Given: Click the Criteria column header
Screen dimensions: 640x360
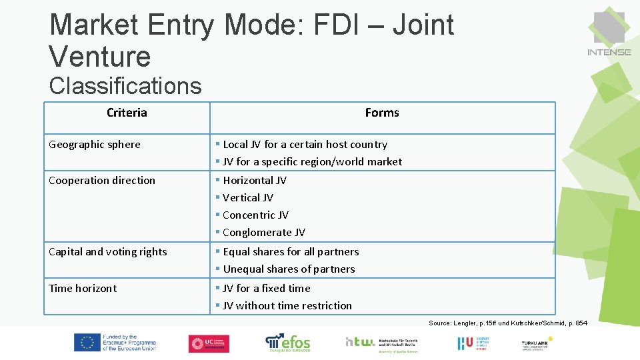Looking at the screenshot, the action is click(x=127, y=113).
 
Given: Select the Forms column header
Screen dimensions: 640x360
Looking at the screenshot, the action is click(x=382, y=113).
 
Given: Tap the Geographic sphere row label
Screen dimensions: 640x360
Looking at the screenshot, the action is click(x=95, y=144).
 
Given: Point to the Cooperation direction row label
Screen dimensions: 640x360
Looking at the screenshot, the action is click(x=102, y=180).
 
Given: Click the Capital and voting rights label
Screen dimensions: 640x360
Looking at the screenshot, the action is click(x=108, y=251).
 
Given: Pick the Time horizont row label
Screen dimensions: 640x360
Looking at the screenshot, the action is click(x=83, y=288).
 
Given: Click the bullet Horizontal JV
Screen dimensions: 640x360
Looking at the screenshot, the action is click(x=254, y=180).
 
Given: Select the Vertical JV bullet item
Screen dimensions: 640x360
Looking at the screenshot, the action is click(x=247, y=197).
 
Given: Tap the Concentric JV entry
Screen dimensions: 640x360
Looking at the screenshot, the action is click(x=255, y=215).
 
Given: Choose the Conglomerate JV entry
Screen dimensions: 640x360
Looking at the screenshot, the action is click(x=263, y=232).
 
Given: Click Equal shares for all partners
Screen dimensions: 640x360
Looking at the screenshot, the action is click(x=291, y=251).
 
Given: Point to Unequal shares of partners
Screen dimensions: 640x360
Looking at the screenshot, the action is click(x=289, y=269).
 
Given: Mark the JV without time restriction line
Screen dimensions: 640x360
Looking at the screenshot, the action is click(x=287, y=305).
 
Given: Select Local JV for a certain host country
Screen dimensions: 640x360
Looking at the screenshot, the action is click(x=305, y=144).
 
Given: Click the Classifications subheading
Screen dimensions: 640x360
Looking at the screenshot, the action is click(x=125, y=86).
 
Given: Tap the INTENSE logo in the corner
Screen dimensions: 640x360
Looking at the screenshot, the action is click(x=609, y=34).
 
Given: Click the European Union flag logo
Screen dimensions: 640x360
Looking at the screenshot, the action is click(x=87, y=343).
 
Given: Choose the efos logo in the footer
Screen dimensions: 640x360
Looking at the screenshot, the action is click(x=288, y=343).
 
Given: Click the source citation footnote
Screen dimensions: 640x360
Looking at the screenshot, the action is click(x=508, y=323).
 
